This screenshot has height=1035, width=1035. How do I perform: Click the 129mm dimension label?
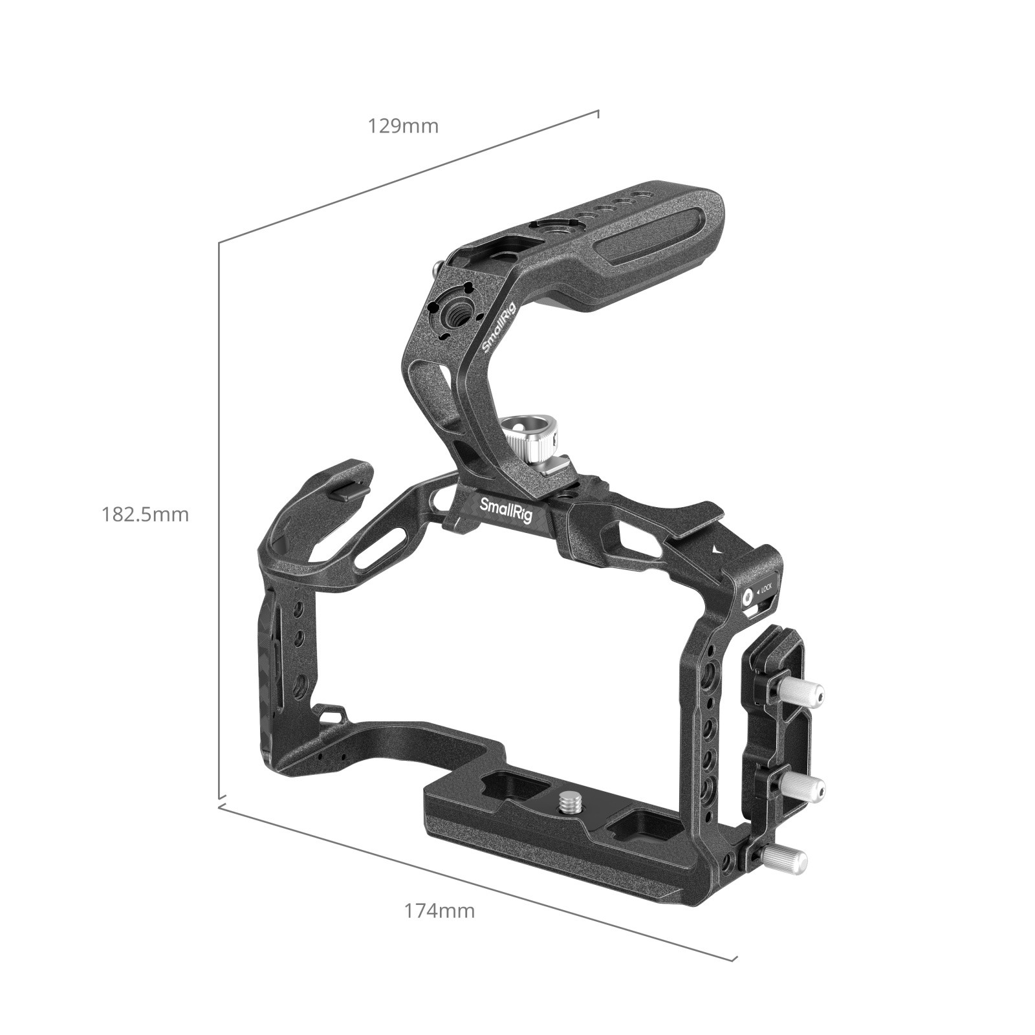tap(403, 125)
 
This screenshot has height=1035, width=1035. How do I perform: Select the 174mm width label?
tap(439, 911)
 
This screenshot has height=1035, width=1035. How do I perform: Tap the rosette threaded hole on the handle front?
tap(452, 315)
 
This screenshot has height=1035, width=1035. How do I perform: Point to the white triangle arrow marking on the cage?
tap(714, 550)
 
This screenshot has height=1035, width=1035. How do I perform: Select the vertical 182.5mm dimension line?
tap(219, 517)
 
